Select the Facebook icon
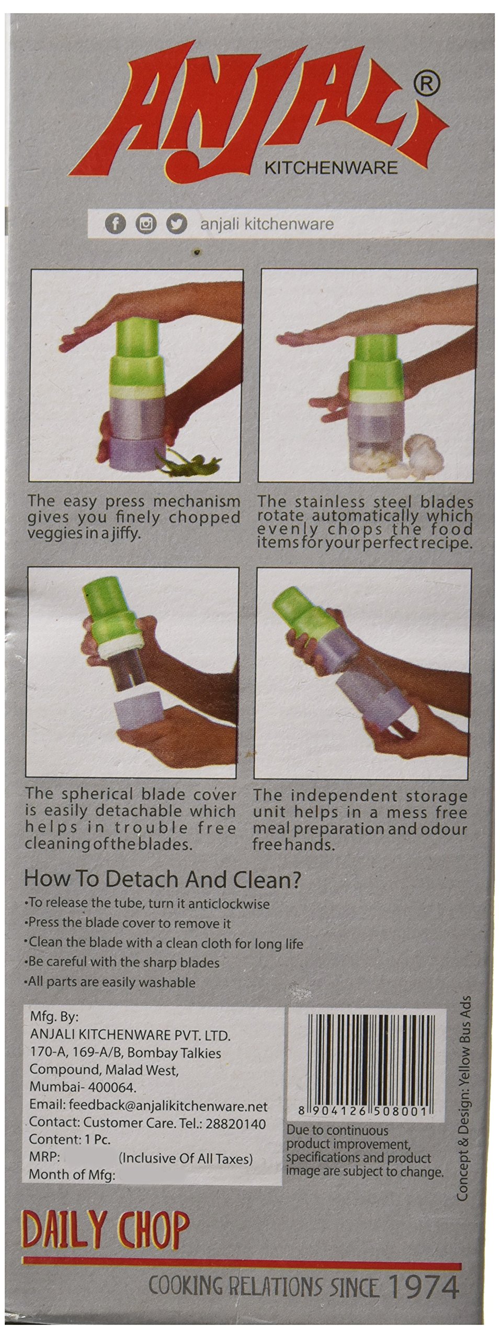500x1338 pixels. [x=116, y=224]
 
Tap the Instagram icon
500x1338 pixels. [x=146, y=224]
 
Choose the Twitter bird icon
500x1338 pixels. [x=176, y=224]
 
